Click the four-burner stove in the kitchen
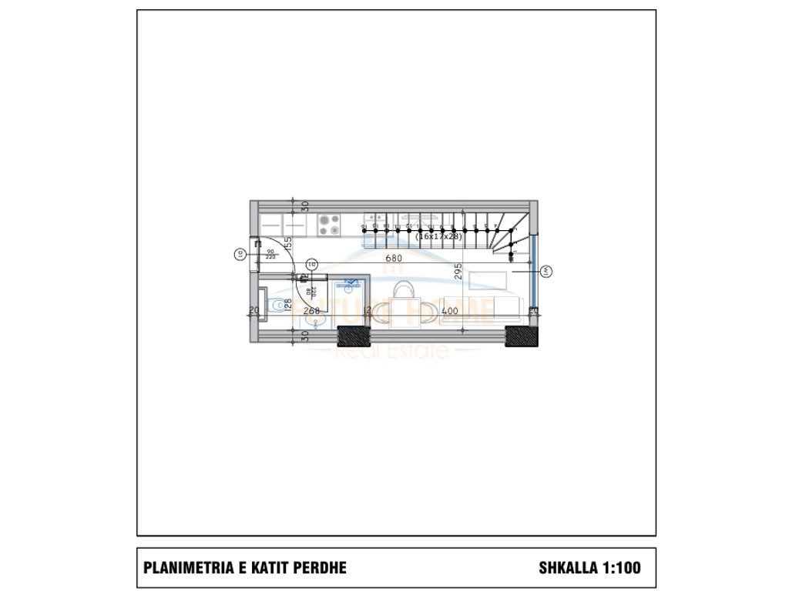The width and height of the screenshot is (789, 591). pos(331,225)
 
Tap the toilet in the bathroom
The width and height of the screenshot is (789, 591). pos(274,307)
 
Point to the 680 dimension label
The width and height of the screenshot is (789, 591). pos(394,258)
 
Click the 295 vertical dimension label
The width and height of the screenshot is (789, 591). pos(457,272)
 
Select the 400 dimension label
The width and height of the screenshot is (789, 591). pos(450,311)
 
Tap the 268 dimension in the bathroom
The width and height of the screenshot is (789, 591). pos(311,311)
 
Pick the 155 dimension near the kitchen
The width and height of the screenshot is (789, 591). pos(287,245)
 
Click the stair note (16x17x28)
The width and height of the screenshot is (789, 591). pos(438,237)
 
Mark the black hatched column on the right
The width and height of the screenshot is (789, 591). pos(520,336)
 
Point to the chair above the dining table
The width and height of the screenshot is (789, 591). pos(404,290)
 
